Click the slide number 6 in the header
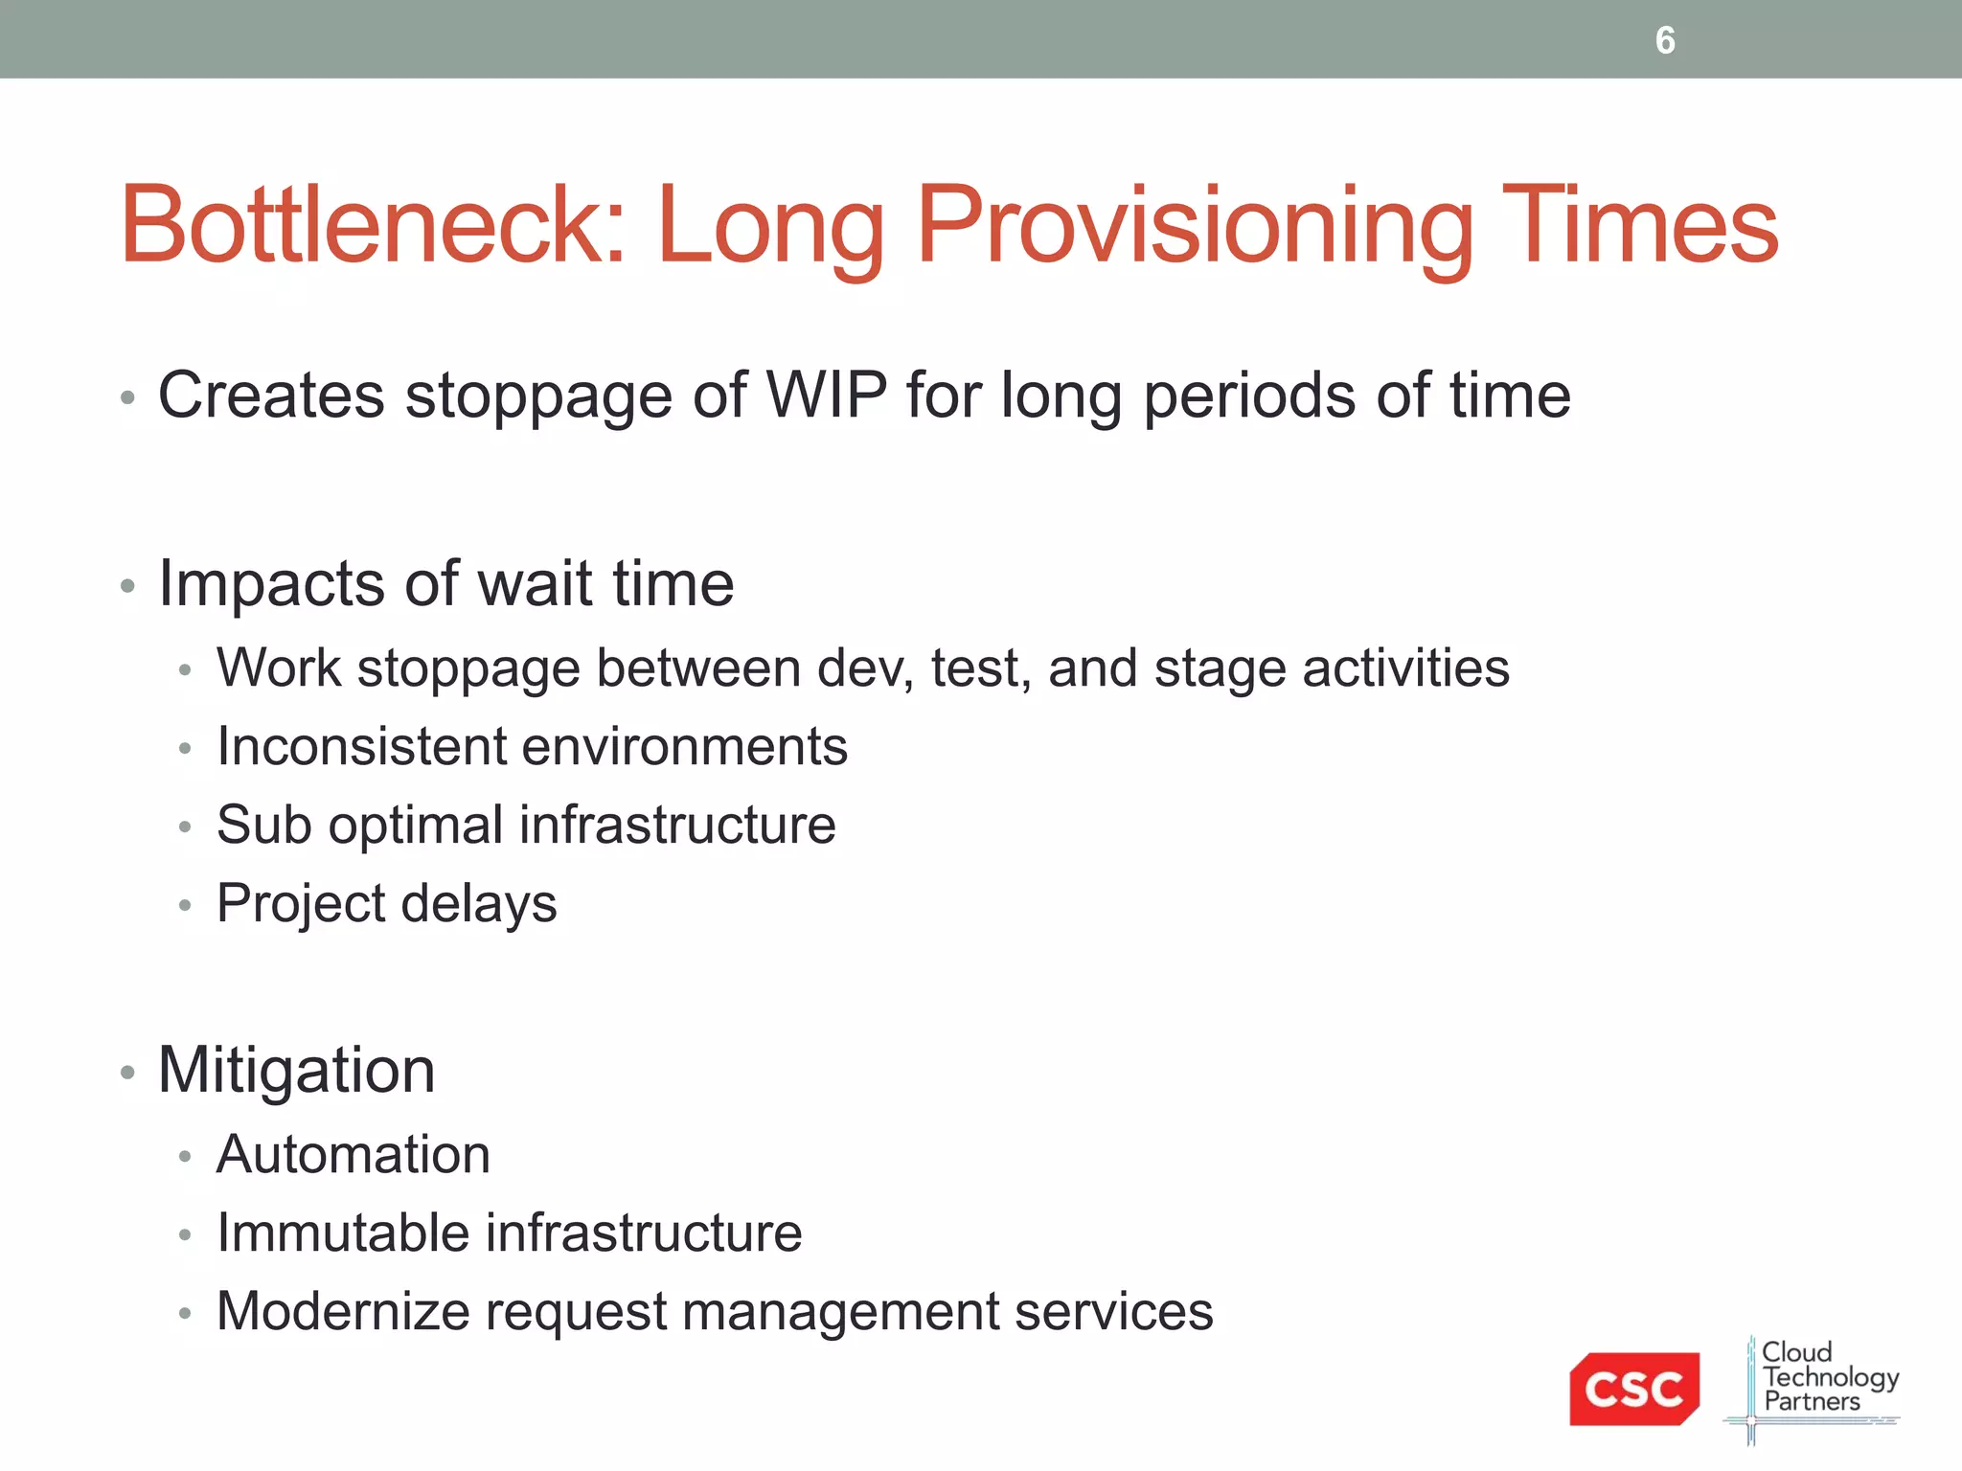tap(1665, 40)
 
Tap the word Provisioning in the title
tap(1194, 226)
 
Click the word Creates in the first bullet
tap(270, 395)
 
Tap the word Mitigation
tap(296, 1070)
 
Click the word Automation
tap(354, 1154)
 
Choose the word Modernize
tap(343, 1311)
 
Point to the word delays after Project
tap(478, 904)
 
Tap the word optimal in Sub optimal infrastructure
tap(415, 825)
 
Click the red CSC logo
tap(1633, 1389)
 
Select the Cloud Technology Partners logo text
tap(1826, 1377)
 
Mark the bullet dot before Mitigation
tap(127, 1072)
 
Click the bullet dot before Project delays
tap(185, 905)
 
